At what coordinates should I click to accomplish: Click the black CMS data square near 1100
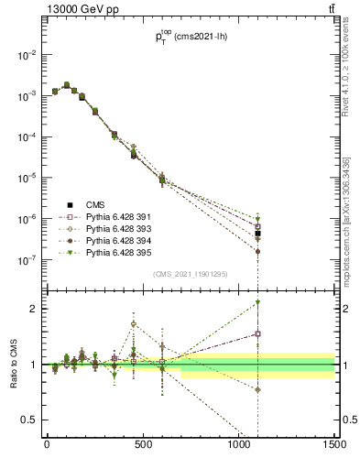pos(258,234)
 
